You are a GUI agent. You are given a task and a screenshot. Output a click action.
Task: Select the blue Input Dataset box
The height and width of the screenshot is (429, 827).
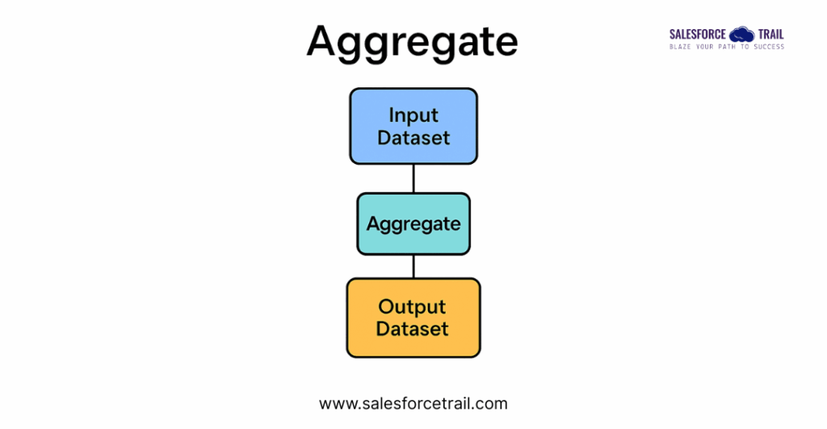413,126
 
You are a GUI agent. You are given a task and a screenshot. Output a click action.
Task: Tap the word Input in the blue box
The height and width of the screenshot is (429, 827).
413,115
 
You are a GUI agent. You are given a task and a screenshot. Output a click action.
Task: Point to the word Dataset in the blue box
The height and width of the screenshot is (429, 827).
413,137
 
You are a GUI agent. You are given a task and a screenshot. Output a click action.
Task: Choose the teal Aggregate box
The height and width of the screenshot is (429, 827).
413,224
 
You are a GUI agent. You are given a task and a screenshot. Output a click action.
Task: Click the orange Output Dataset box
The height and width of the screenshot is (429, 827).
413,318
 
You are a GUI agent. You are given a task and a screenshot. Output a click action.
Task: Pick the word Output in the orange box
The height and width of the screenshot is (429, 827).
412,307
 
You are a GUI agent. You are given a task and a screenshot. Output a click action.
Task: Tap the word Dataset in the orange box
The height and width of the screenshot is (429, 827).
412,329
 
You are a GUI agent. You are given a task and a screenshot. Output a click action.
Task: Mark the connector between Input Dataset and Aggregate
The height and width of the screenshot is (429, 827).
413,179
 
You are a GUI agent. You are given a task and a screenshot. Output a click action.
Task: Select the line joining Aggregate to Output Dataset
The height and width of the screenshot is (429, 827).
413,266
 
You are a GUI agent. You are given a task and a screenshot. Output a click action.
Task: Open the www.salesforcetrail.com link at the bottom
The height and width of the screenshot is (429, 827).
413,403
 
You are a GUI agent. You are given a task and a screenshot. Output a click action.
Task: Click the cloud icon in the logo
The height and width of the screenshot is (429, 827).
741,34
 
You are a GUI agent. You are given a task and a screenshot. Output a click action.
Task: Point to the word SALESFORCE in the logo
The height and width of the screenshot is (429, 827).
698,35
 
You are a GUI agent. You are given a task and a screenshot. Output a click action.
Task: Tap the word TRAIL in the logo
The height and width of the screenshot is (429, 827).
770,35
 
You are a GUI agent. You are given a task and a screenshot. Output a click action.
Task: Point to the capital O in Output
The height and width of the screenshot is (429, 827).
387,307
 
